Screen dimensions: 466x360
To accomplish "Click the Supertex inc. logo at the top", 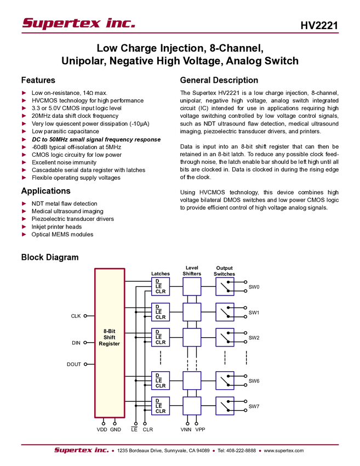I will pos(78,24).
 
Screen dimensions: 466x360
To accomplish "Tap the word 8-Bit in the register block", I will pos(109,331).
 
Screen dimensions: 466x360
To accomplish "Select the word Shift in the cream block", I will pos(109,337).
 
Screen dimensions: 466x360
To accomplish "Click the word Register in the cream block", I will pos(109,344).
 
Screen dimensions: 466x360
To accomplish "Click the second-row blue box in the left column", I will pos(161,312).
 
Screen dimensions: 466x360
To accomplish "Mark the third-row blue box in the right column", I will pos(225,337).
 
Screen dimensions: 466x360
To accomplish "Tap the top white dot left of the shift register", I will pos(85,316).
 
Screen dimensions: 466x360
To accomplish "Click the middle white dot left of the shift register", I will pos(85,343).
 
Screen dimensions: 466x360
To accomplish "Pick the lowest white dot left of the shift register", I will pos(85,364).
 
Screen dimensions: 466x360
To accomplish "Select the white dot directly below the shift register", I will pos(115,424).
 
